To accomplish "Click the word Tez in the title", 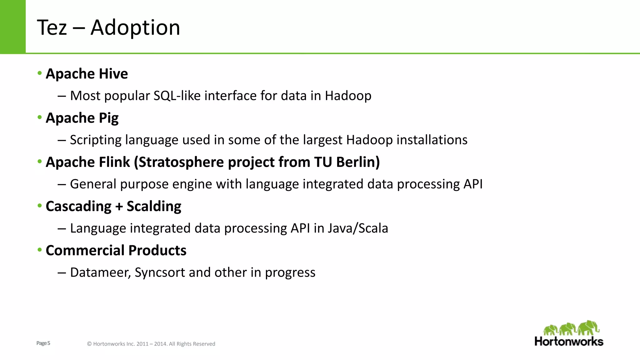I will (52, 27).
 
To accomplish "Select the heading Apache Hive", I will (87, 74).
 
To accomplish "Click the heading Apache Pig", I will (82, 118).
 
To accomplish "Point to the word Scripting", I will (95, 140).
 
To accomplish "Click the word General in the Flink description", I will (93, 184).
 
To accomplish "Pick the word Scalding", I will (154, 206).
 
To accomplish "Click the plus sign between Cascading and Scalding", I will (119, 207).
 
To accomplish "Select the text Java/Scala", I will (358, 228).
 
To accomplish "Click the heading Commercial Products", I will (116, 250).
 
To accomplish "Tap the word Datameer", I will (100, 272).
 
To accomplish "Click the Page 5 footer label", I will (43, 343).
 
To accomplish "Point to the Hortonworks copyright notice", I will (151, 344).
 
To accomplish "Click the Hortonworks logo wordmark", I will (569, 341).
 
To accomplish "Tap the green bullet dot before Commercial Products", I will (39, 250).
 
